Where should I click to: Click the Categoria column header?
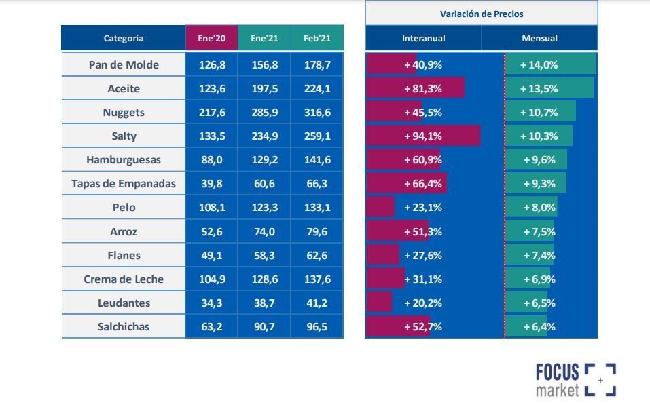click(x=123, y=38)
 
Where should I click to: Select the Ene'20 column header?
click(x=211, y=38)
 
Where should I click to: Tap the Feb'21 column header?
click(x=317, y=38)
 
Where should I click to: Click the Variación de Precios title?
click(x=482, y=14)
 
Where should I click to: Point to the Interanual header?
click(x=423, y=38)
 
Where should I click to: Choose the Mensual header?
click(x=539, y=38)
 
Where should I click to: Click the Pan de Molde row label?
click(x=124, y=64)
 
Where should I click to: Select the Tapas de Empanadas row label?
click(x=124, y=183)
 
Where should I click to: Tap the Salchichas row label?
click(x=124, y=326)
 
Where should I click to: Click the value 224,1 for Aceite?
click(x=317, y=88)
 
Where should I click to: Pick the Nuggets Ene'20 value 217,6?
click(x=211, y=112)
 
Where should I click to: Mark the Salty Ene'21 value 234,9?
click(x=264, y=136)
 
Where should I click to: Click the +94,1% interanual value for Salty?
click(x=423, y=136)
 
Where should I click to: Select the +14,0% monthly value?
click(x=539, y=64)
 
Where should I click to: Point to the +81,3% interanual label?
click(x=423, y=88)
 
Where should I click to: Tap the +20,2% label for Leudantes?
click(x=423, y=303)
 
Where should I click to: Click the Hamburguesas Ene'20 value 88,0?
click(x=211, y=159)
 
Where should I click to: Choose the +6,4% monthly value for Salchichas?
click(x=539, y=326)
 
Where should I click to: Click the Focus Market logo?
click(x=575, y=380)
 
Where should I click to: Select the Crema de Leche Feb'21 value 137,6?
click(x=317, y=279)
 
